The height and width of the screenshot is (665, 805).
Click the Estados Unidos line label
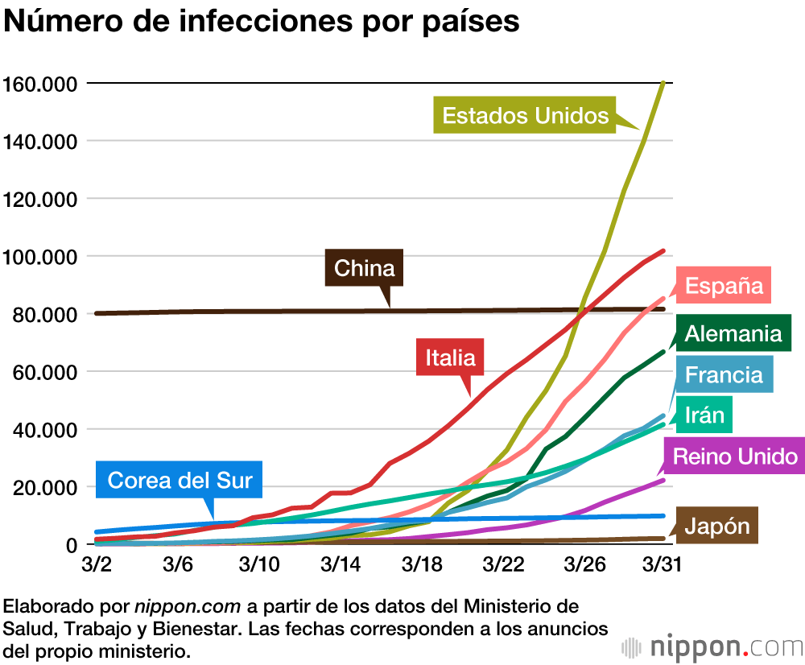(525, 116)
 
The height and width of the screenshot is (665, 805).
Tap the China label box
(364, 268)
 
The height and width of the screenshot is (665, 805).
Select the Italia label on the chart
(450, 357)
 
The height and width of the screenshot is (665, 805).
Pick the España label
(724, 286)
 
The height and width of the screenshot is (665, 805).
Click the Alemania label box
(733, 332)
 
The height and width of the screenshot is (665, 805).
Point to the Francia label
(724, 374)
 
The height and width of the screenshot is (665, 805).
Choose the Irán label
(704, 415)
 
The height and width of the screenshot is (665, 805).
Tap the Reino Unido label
(735, 457)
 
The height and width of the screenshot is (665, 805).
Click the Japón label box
(717, 527)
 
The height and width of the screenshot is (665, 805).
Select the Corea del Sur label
(180, 481)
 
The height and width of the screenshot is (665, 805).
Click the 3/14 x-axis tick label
(340, 564)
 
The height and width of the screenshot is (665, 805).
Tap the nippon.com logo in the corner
(712, 646)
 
